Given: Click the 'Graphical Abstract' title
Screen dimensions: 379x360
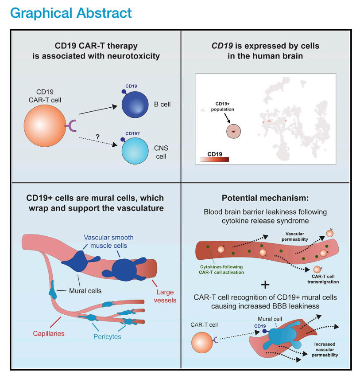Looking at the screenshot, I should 71,12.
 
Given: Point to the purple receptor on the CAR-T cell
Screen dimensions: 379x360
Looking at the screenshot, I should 71,127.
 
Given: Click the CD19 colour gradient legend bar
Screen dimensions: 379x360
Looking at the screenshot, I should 215,159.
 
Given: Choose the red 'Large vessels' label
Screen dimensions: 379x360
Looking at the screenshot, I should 165,296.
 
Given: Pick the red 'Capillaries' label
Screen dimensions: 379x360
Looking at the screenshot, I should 48,333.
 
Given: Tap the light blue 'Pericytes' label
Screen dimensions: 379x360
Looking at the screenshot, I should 107,336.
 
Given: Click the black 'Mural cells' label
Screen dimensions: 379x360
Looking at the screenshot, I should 85,291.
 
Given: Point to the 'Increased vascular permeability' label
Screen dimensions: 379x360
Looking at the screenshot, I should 325,349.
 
